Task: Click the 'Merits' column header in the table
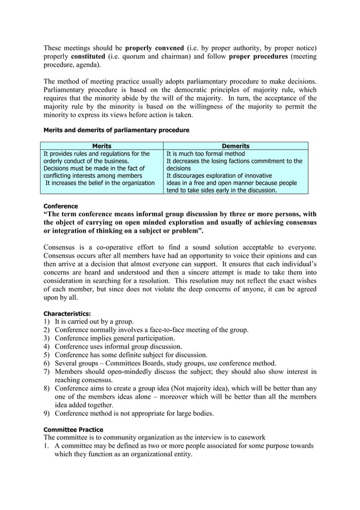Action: (102, 146)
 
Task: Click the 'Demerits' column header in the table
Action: (236, 146)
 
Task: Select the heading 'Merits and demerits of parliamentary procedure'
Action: (116, 130)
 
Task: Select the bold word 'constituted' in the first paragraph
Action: (88, 56)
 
